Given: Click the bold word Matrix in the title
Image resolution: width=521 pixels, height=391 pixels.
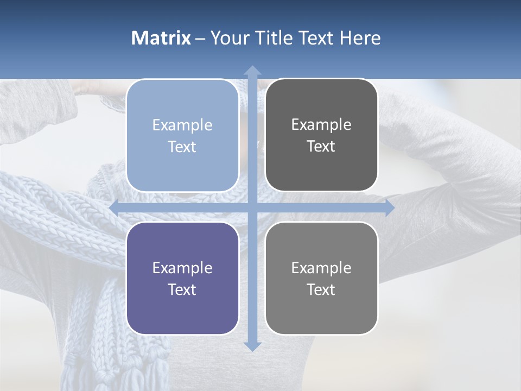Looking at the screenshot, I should coord(161,38).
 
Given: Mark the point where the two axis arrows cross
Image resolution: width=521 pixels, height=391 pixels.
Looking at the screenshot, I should coord(252,207).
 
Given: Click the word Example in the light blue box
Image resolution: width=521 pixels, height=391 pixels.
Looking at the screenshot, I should coord(182,125).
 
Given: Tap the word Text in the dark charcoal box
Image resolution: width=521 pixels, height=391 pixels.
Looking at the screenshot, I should coord(321,147).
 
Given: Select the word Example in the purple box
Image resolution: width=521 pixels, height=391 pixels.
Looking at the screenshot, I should coord(182,268).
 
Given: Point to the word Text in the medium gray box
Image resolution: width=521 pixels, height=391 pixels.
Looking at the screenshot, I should coord(321,289).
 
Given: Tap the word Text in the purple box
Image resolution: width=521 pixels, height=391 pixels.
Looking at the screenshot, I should coord(182,289).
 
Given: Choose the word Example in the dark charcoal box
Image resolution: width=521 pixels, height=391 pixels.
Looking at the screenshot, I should coord(321,125).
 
